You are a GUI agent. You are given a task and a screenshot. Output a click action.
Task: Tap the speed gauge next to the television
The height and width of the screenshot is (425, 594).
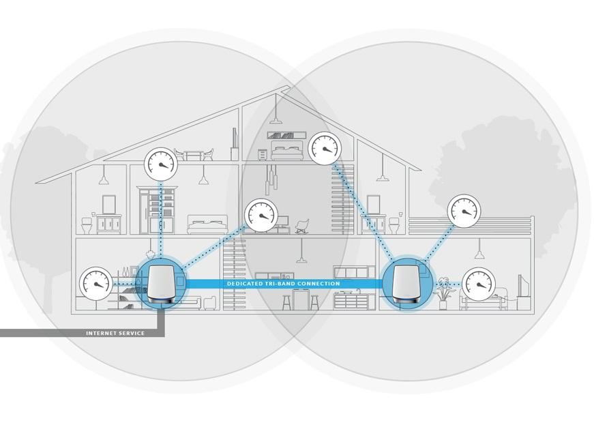click(479, 284)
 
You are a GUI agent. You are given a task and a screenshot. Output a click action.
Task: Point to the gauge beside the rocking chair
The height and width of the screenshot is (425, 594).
click(261, 215)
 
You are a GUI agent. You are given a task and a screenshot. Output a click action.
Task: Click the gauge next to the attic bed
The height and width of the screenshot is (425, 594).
click(325, 147)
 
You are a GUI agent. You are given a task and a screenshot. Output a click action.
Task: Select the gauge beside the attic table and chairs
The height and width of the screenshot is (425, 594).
click(162, 164)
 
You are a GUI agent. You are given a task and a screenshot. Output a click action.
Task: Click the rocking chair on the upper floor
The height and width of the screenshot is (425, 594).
click(301, 225)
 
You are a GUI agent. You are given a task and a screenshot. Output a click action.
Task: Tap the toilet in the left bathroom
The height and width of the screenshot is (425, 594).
click(87, 224)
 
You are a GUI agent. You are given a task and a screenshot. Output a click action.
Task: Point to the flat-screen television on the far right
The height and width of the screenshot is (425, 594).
click(520, 286)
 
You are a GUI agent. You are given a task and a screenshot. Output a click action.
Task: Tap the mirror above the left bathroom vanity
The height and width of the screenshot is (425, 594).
click(109, 204)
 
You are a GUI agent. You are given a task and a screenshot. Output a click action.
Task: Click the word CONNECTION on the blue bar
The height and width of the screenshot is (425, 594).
click(319, 284)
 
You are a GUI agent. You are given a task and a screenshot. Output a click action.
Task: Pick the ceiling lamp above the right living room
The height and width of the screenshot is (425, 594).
click(479, 253)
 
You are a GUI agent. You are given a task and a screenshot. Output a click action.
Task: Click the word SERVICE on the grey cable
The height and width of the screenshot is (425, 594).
click(133, 334)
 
